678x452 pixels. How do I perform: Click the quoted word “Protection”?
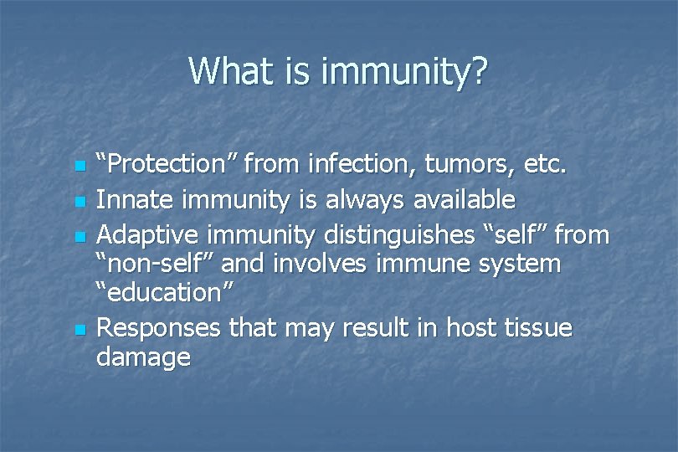[x=167, y=165]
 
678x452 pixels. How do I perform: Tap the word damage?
[x=143, y=358]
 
